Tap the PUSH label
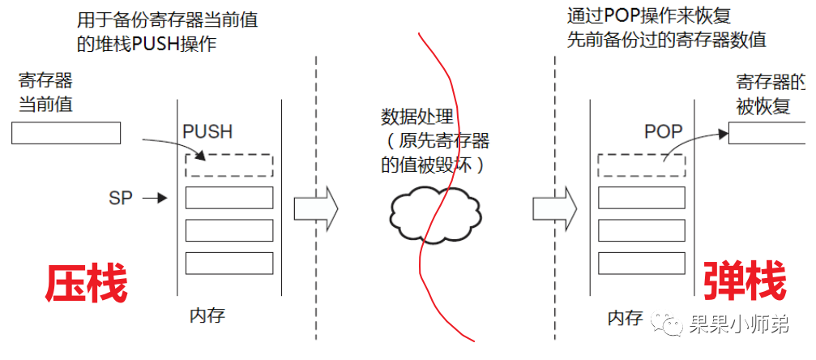coord(207,131)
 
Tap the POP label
coord(663,131)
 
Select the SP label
coord(120,197)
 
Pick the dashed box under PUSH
coord(229,165)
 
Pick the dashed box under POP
coord(641,165)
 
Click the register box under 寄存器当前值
coord(66,132)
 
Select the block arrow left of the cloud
coord(315,208)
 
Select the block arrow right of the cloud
coord(555,208)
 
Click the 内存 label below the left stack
coord(207,315)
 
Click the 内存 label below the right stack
coord(625,317)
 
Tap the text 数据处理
coord(418,118)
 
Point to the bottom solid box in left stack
coord(229,263)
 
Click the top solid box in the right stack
coord(641,197)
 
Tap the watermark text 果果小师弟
coord(746,326)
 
